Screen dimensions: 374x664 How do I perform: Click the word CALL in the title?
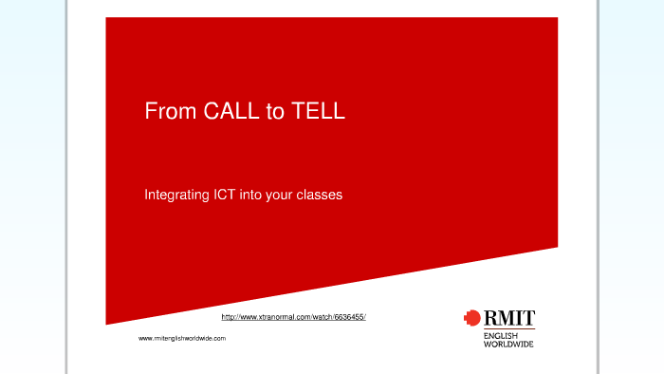point(231,112)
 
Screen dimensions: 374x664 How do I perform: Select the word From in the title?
point(171,112)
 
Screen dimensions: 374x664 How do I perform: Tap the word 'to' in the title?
point(275,112)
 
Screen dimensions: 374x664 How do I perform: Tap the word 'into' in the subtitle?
point(251,195)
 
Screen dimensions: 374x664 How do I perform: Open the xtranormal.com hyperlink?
point(293,316)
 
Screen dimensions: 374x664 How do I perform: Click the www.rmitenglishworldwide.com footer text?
point(182,338)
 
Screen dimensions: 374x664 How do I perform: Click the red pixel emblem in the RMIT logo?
point(471,317)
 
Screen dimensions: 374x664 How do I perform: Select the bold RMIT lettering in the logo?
point(508,317)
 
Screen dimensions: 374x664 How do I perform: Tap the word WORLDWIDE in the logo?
point(508,344)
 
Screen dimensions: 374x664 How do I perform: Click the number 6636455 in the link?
point(348,316)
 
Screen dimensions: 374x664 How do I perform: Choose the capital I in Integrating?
point(146,195)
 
